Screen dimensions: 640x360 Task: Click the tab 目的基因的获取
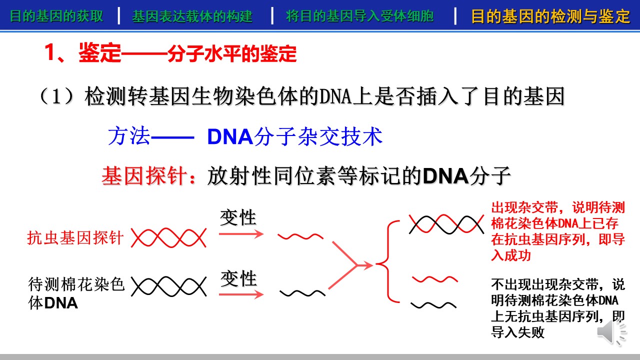(x=56, y=16)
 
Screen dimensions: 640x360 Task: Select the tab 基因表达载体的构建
(x=192, y=16)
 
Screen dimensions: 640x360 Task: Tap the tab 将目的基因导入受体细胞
(x=359, y=16)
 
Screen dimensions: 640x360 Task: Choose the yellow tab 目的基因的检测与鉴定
(x=550, y=16)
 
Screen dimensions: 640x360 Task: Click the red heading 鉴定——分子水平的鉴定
(x=187, y=53)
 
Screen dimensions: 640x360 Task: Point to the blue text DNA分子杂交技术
(x=295, y=136)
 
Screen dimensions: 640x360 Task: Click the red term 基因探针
(x=144, y=175)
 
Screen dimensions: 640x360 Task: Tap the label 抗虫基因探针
(x=75, y=237)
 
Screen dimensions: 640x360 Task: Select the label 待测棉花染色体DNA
(x=76, y=293)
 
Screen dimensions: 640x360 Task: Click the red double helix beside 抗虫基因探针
(x=168, y=237)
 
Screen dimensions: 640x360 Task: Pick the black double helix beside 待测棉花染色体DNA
(x=168, y=286)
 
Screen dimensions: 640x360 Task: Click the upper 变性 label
(x=238, y=217)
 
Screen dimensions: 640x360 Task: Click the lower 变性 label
(x=238, y=278)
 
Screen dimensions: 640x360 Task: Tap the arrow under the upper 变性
(x=241, y=234)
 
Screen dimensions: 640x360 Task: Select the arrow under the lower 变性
(x=241, y=294)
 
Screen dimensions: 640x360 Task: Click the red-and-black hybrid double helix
(x=446, y=224)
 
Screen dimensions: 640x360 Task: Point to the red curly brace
(x=387, y=261)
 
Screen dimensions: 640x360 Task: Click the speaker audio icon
(x=611, y=332)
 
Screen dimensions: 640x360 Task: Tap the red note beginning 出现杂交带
(x=558, y=231)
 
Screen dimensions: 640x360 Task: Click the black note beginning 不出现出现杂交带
(x=558, y=308)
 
